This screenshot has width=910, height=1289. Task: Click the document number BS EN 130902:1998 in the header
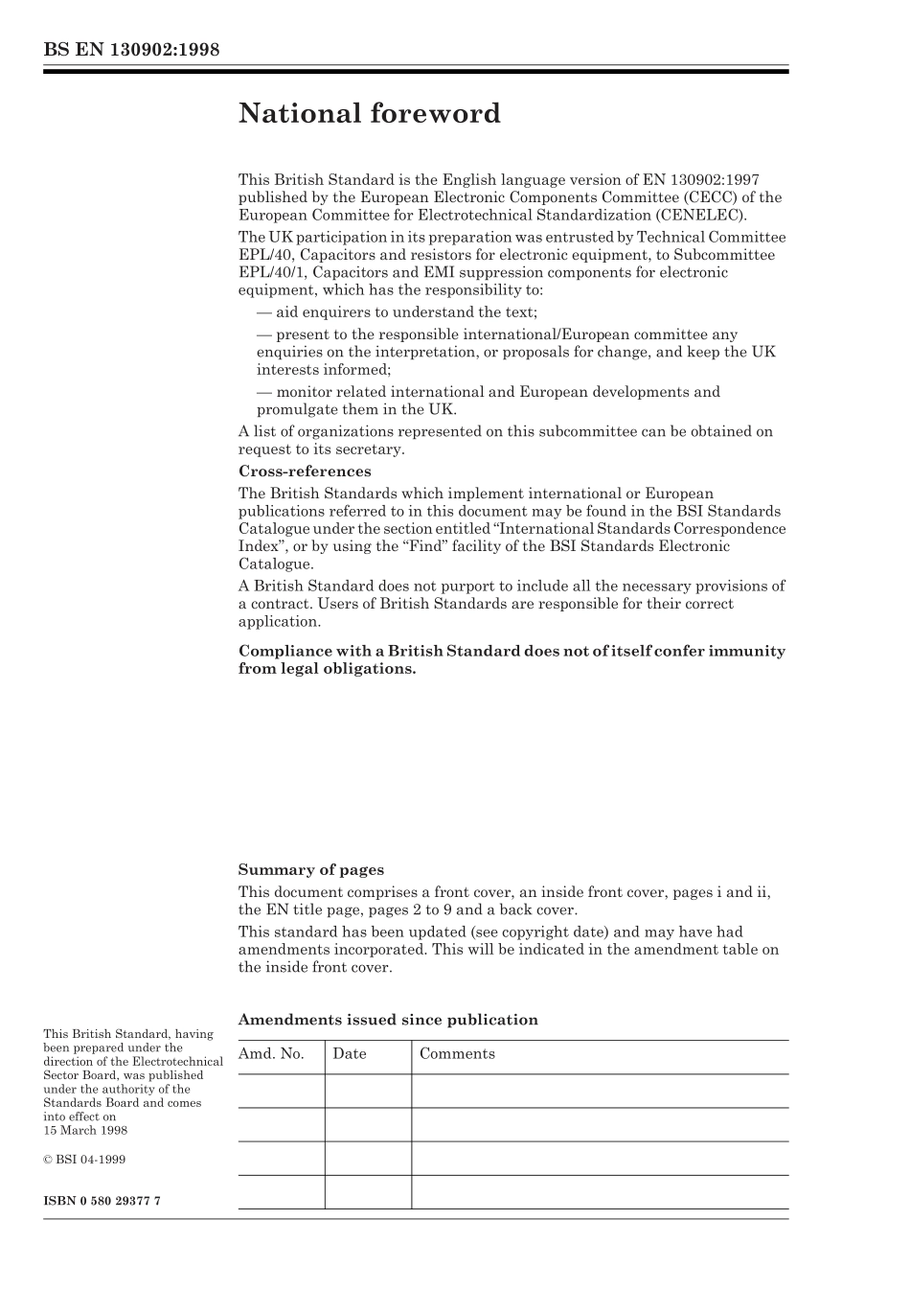(131, 50)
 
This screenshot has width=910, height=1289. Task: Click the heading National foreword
(369, 114)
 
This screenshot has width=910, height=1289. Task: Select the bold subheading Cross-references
(304, 472)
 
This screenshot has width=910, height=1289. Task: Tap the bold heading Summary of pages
(310, 870)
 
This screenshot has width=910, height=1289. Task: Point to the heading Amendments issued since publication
(387, 1020)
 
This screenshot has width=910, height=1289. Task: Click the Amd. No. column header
(271, 1054)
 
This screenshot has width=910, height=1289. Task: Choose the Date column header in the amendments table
(350, 1054)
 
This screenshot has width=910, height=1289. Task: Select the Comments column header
(457, 1054)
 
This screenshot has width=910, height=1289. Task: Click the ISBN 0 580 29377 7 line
(102, 1201)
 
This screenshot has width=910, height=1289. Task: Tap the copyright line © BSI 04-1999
(84, 1160)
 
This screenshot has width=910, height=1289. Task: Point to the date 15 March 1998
(85, 1130)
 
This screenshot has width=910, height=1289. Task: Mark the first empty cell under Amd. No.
(281, 1091)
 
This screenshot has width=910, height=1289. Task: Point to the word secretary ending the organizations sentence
(370, 449)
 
